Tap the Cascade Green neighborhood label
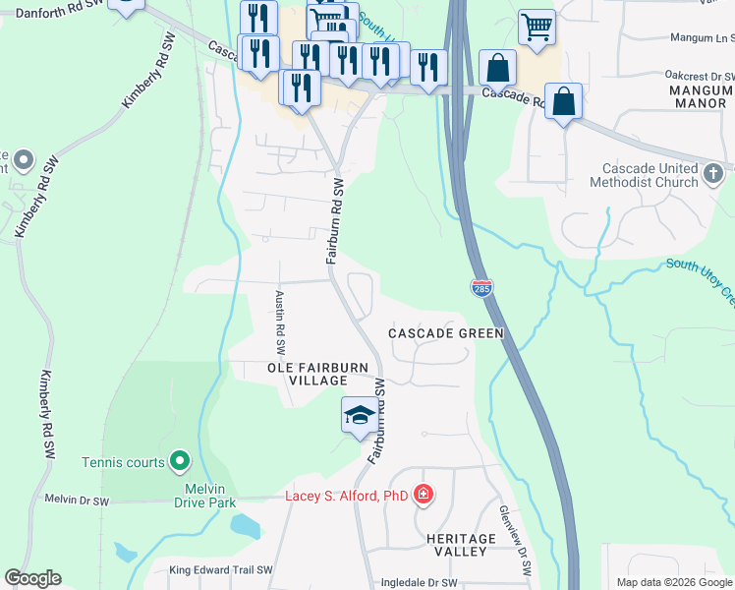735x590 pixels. click(445, 333)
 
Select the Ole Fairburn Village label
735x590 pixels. click(308, 374)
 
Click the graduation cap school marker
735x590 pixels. click(360, 415)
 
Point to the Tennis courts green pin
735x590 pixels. click(179, 460)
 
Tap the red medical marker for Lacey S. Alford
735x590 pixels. click(424, 495)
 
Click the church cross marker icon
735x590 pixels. click(715, 175)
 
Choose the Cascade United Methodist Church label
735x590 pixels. click(644, 175)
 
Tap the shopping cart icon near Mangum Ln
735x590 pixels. click(537, 28)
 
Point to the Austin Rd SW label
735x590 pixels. click(280, 323)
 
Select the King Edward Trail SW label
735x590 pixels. click(221, 570)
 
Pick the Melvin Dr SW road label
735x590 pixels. click(77, 500)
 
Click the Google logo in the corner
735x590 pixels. click(32, 578)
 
